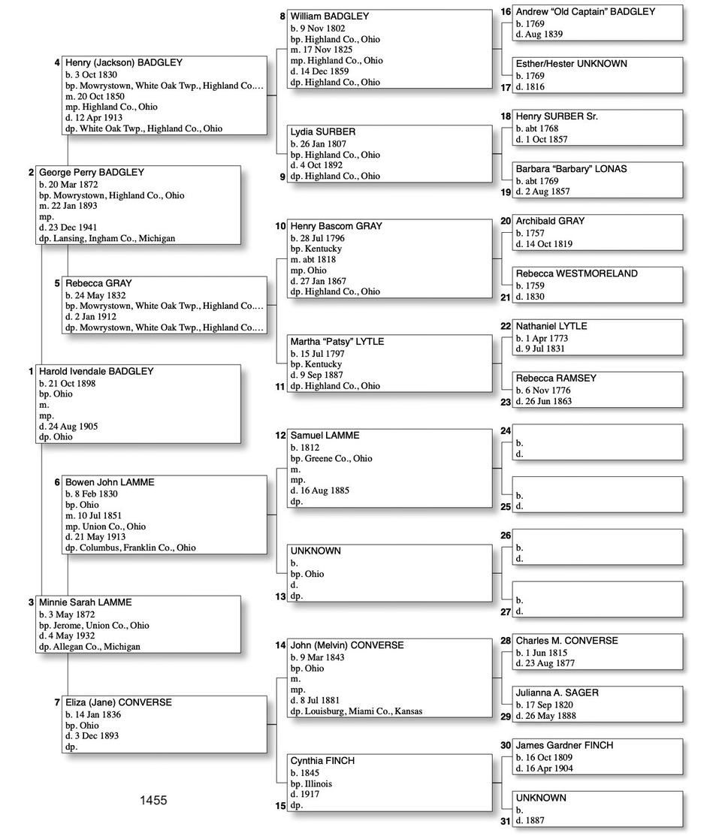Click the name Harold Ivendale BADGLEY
coord(96,371)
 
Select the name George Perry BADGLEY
coord(92,172)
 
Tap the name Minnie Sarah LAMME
coord(85,602)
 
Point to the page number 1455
coord(153,801)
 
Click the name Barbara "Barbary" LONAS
coord(571,169)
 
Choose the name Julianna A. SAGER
coord(557,693)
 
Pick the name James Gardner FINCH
coord(564,745)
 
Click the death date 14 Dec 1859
coord(324,71)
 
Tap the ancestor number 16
coord(506,12)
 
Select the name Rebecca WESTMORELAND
coord(576,273)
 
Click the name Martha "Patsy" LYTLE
coord(337,341)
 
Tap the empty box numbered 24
coord(592,443)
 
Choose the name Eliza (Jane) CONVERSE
coord(119,702)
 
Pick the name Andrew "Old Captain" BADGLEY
coord(585,11)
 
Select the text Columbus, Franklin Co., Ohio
coord(137,548)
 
